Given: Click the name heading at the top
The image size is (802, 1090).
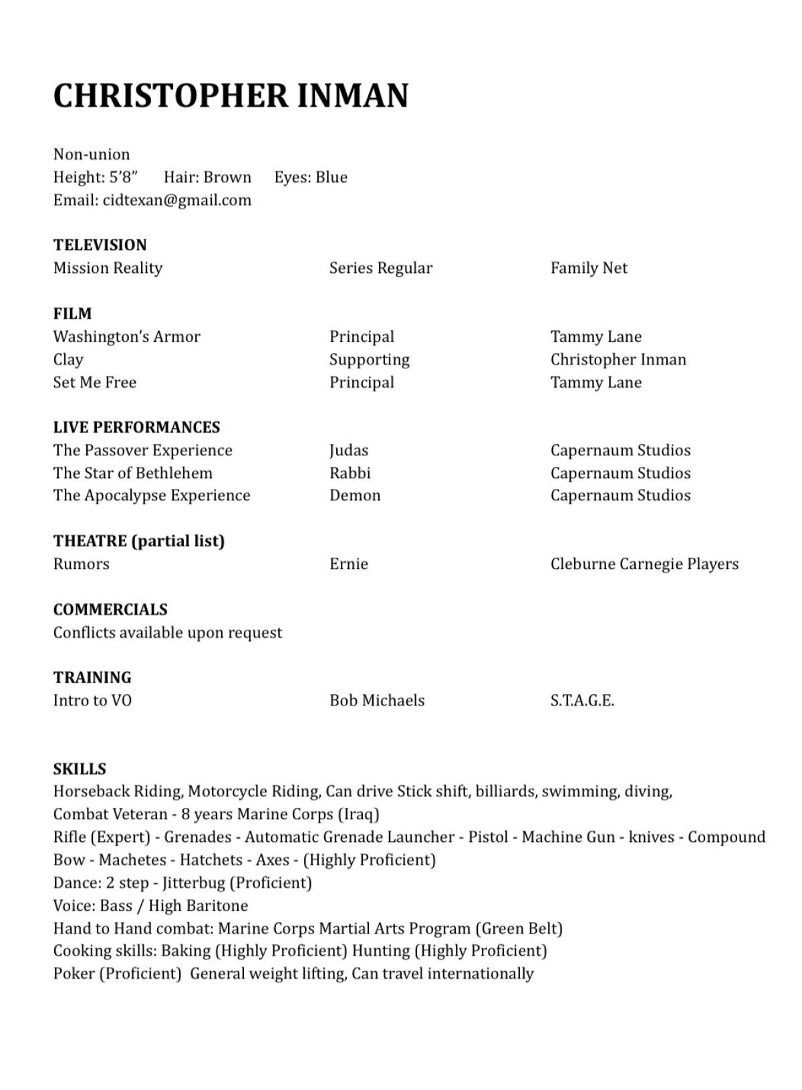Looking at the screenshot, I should [x=231, y=96].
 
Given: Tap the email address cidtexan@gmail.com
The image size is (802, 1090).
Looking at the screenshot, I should [x=177, y=200].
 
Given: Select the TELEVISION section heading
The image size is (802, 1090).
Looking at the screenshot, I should [x=100, y=245].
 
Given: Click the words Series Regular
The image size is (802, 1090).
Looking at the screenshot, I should [x=380, y=268].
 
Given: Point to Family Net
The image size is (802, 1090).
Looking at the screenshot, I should [x=589, y=268].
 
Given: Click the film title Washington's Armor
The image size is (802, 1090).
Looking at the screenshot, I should [x=127, y=336].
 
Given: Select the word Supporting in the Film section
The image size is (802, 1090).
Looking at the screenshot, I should [x=369, y=360].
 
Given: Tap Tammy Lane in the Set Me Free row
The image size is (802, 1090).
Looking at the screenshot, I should [x=595, y=383].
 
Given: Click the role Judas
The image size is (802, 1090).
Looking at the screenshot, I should [x=348, y=451].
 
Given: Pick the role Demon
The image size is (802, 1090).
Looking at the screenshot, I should [x=355, y=496].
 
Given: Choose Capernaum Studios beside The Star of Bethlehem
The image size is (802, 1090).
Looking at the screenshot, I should [x=620, y=473].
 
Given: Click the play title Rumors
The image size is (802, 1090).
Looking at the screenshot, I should [x=81, y=564].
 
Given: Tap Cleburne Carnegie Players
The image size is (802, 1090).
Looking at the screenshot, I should [x=644, y=564].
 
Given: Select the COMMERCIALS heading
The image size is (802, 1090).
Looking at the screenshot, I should [x=110, y=610].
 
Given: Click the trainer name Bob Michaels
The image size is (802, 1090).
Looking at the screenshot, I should [x=377, y=700].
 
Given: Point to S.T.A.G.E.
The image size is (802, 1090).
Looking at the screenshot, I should [x=582, y=700].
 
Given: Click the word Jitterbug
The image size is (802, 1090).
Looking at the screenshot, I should [x=194, y=883].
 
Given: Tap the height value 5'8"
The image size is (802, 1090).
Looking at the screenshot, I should [x=124, y=177].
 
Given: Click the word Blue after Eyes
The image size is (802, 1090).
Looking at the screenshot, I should [x=331, y=177].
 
